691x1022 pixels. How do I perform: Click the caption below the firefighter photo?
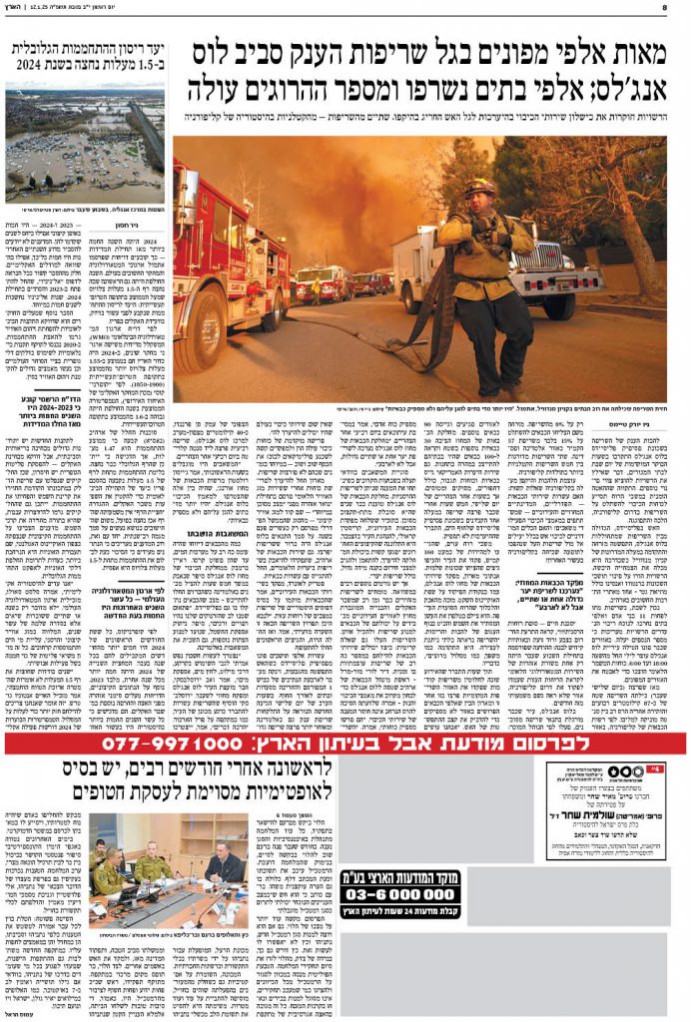419,409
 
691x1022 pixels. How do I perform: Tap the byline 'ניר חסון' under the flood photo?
146,226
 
